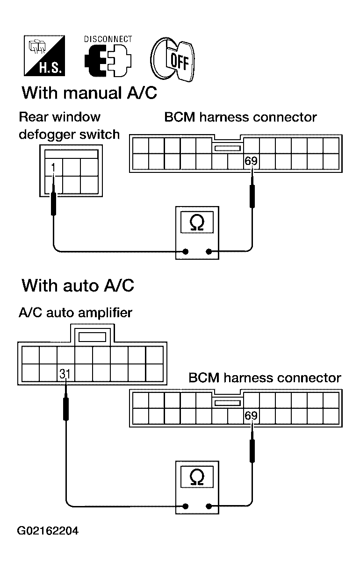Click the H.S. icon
pyautogui.click(x=44, y=56)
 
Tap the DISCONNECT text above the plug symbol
pyautogui.click(x=108, y=39)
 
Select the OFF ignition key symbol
pyautogui.click(x=173, y=59)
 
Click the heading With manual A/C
pyautogui.click(x=89, y=93)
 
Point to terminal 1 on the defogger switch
pyautogui.click(x=53, y=168)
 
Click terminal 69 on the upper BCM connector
pyautogui.click(x=251, y=161)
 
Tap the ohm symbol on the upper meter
pyautogui.click(x=197, y=223)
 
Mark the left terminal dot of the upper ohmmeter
pyautogui.click(x=186, y=251)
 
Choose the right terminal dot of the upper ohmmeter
pyautogui.click(x=209, y=251)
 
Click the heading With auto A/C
pyautogui.click(x=78, y=285)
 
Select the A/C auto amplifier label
pyautogui.click(x=76, y=313)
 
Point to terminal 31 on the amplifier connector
pyautogui.click(x=65, y=374)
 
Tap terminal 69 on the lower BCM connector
pyautogui.click(x=251, y=415)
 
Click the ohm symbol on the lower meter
pyautogui.click(x=197, y=477)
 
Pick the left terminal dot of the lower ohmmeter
pyautogui.click(x=186, y=506)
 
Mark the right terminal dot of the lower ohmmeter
pyautogui.click(x=209, y=506)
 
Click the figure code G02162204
pyautogui.click(x=48, y=531)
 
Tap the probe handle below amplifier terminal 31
pyautogui.click(x=65, y=409)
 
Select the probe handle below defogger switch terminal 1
pyautogui.click(x=53, y=204)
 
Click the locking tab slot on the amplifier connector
pyautogui.click(x=92, y=337)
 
